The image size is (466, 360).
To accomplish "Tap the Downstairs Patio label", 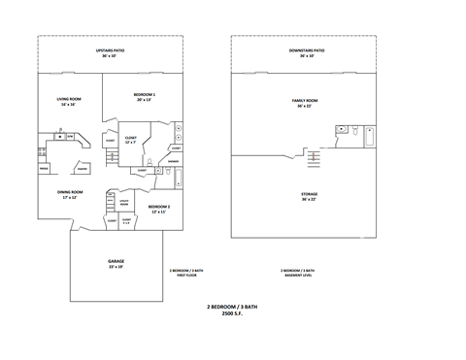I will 306,52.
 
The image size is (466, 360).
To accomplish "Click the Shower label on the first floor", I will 173,162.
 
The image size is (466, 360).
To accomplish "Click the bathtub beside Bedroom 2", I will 179,178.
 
